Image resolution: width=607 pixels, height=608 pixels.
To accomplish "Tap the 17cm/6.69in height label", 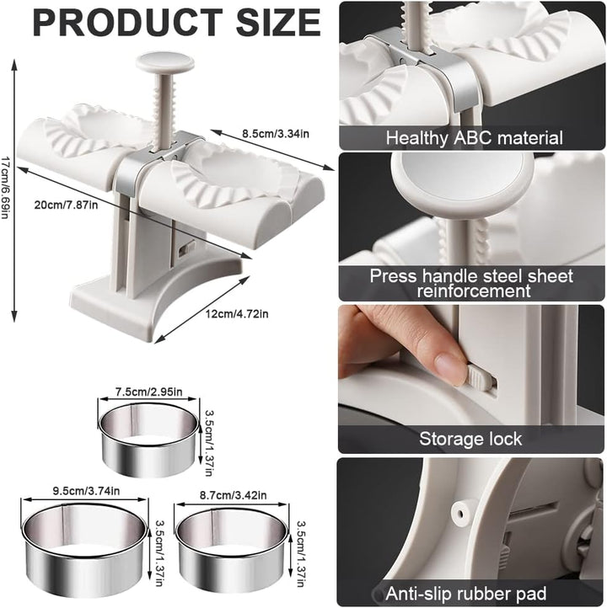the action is click(5, 188).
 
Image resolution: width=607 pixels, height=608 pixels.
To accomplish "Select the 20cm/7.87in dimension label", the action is click(66, 205).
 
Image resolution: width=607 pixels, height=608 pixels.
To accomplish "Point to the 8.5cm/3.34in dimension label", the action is click(276, 134).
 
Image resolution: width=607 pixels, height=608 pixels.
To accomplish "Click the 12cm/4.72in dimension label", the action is click(237, 313).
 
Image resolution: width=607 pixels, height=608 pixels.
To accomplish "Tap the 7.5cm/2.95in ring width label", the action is click(148, 392).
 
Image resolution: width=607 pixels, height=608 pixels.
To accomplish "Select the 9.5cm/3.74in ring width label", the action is click(86, 491).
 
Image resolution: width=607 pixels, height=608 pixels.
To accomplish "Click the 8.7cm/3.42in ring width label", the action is click(234, 495).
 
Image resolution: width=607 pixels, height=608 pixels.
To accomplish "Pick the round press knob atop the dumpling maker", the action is click(165, 63).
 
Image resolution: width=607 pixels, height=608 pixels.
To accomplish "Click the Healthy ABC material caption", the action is click(474, 138).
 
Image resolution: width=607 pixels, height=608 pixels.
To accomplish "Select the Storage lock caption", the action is click(470, 439).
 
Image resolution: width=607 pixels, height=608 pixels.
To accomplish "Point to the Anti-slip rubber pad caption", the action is click(465, 594).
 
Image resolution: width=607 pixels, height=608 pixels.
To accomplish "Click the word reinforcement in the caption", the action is click(474, 291).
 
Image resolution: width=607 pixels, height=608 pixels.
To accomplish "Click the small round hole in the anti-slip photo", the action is click(460, 515).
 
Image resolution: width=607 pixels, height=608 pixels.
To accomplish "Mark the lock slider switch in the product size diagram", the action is click(187, 248).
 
